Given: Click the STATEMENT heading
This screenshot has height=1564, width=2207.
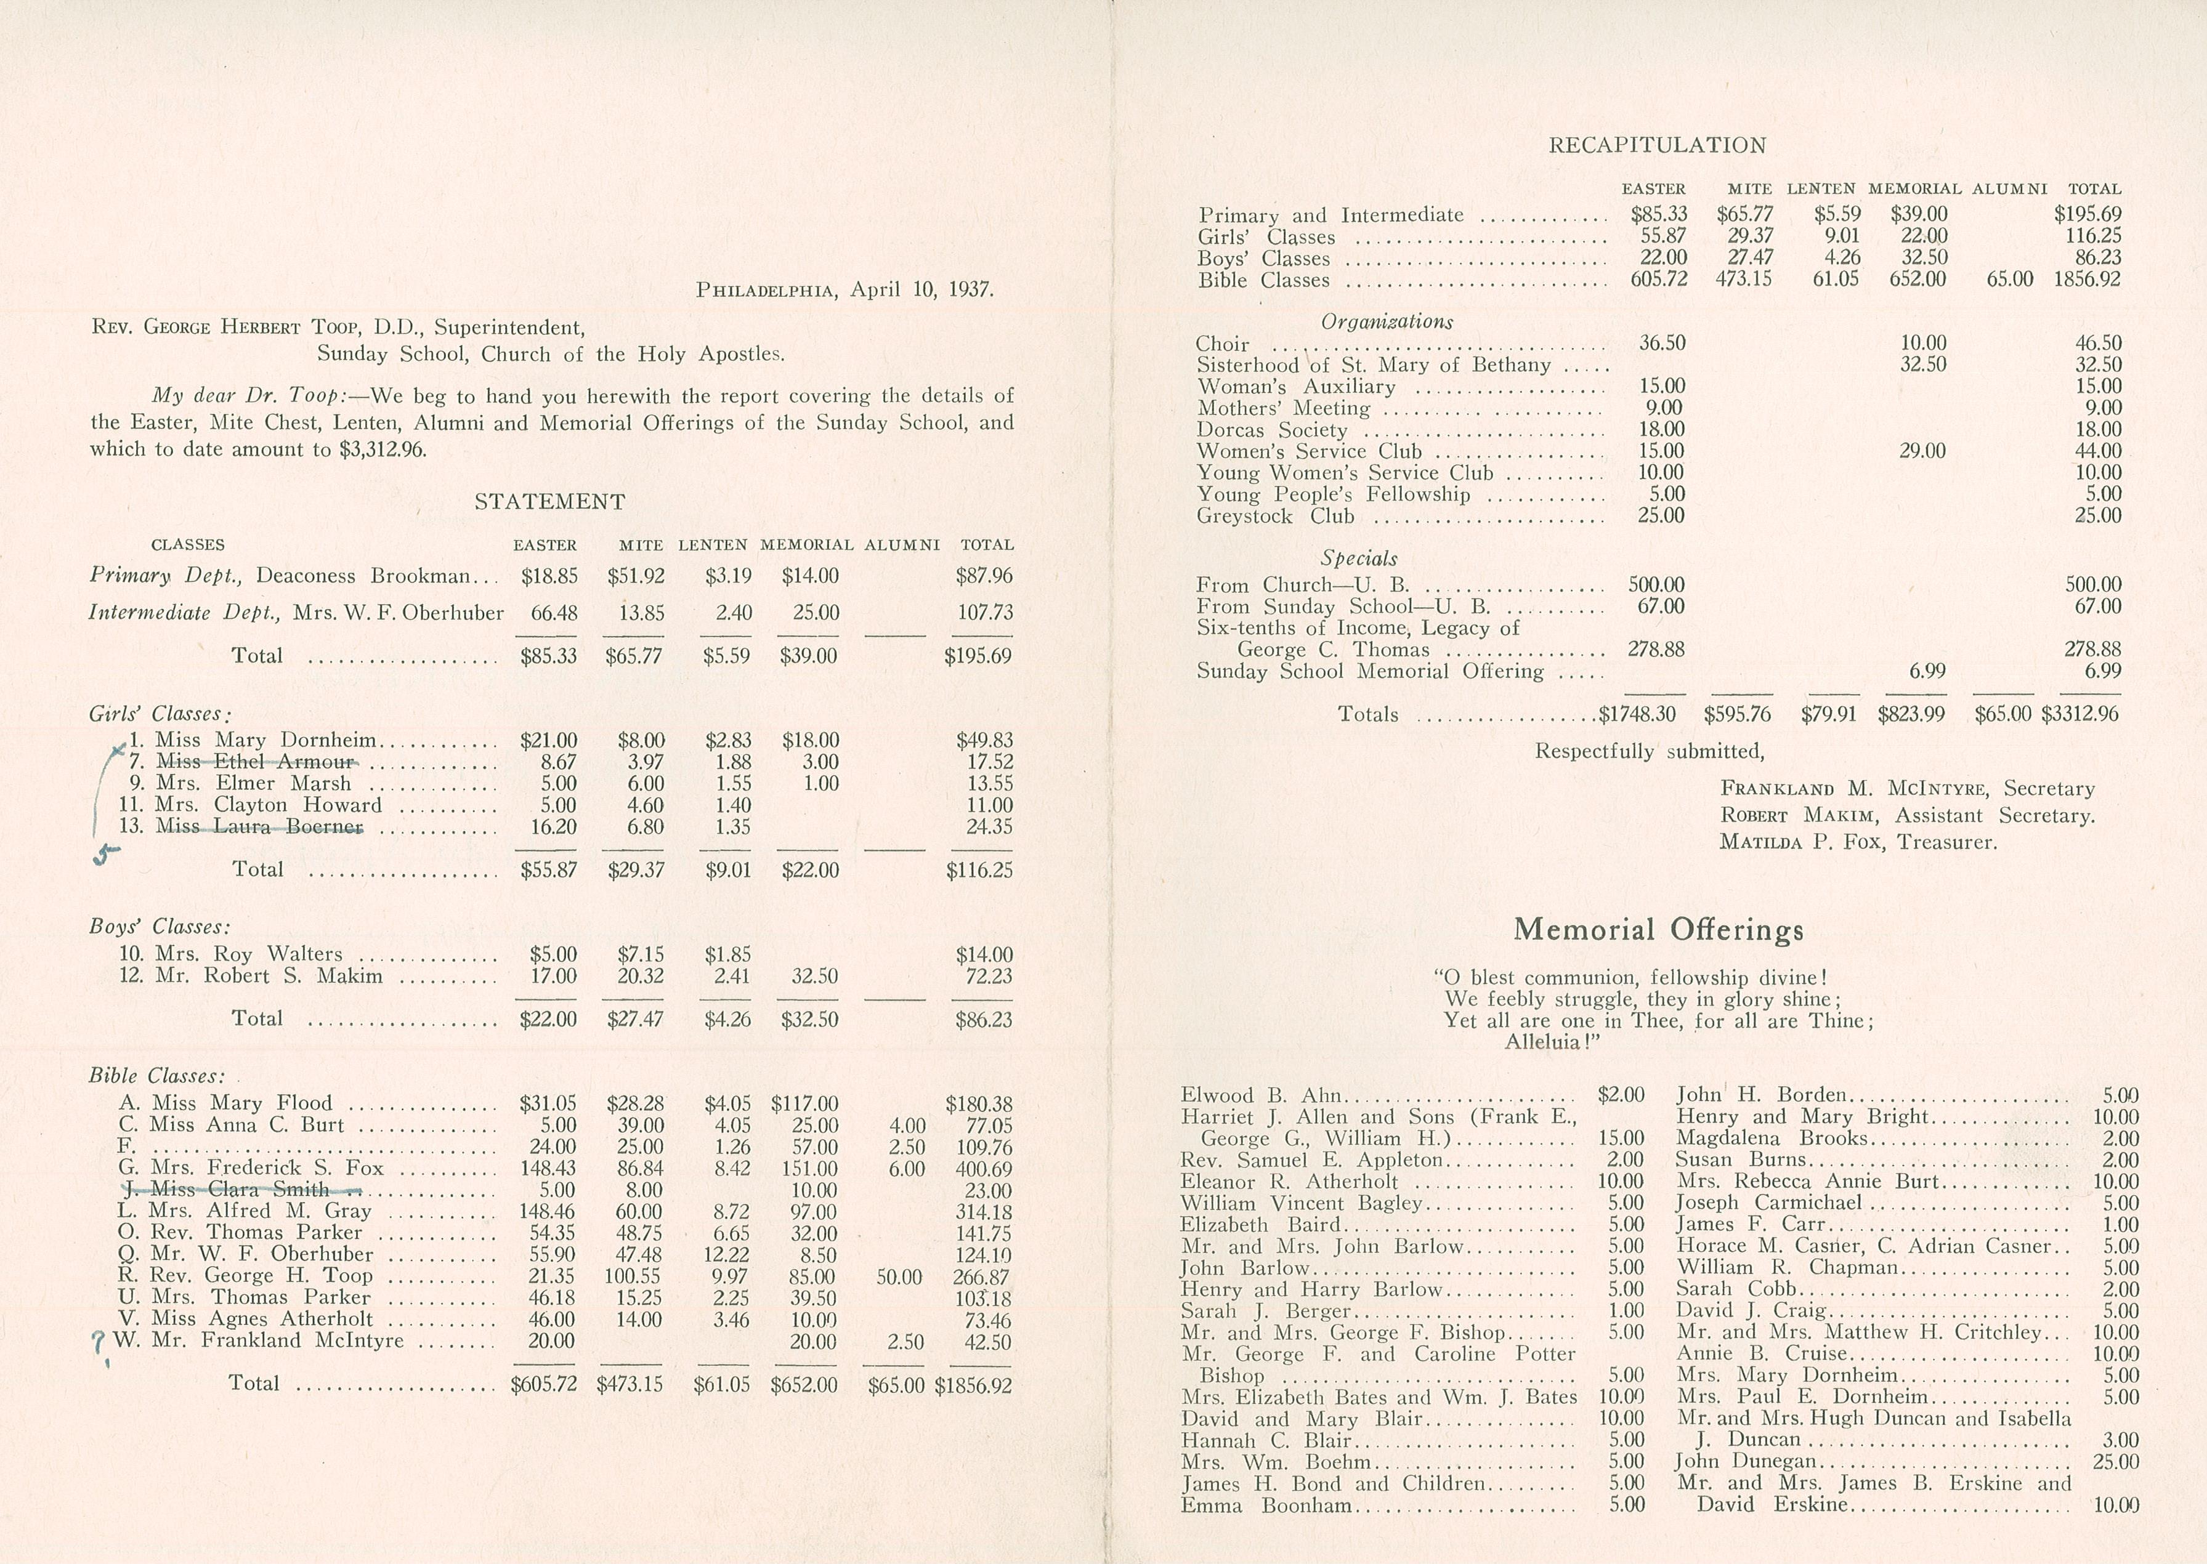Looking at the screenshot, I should coord(549,502).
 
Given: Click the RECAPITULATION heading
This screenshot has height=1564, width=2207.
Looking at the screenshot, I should coord(1657,145).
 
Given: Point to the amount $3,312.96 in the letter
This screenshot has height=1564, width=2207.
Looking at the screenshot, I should coord(383,449).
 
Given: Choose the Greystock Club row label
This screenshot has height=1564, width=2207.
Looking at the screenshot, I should coord(1276,516).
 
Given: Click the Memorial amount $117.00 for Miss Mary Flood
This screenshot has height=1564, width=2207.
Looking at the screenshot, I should coord(804,1103).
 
